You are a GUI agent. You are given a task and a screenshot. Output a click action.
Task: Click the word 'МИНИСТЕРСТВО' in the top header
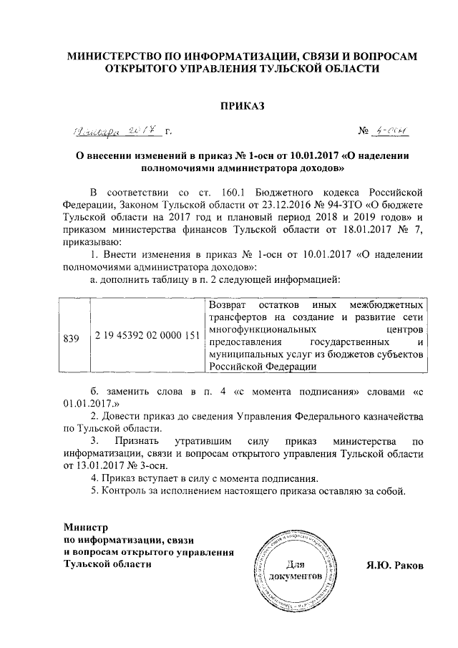(120, 56)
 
